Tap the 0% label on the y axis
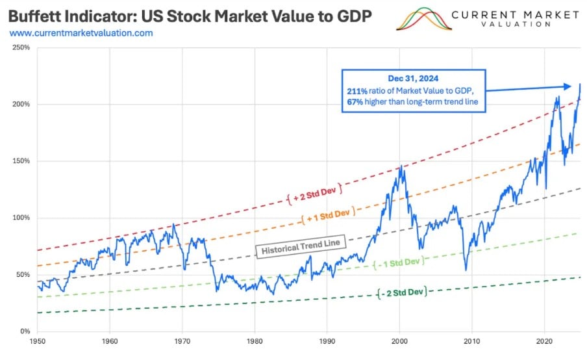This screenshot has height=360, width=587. (x=27, y=331)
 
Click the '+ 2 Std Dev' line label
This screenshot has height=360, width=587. (x=315, y=191)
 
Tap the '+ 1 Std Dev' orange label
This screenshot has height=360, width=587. (x=328, y=215)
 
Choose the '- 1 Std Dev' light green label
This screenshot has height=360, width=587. (x=399, y=263)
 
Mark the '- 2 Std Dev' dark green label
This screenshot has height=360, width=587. (x=402, y=292)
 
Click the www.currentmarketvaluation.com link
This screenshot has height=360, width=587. (x=81, y=32)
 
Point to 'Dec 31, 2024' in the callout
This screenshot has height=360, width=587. (x=415, y=78)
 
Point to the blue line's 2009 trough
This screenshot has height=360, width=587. (x=466, y=270)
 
